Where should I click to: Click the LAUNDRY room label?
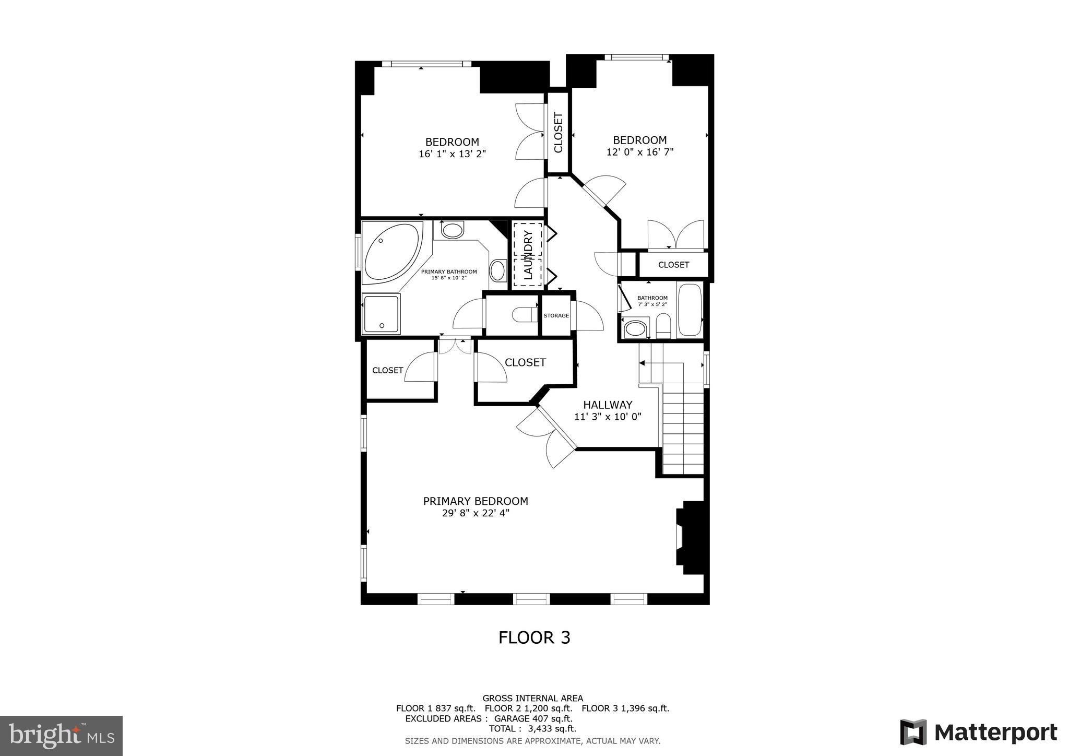(x=528, y=255)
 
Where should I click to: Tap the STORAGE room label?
(x=556, y=316)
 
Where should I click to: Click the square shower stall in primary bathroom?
(x=381, y=314)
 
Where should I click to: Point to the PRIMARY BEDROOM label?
(x=476, y=501)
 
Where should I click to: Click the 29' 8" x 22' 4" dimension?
(x=476, y=513)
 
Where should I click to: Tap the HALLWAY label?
(x=608, y=405)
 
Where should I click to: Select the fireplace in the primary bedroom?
(x=690, y=538)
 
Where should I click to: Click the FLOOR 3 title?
(x=534, y=637)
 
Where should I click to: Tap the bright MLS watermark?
(x=62, y=736)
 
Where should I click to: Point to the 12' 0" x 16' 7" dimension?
(x=640, y=152)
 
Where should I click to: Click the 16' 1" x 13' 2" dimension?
(x=452, y=154)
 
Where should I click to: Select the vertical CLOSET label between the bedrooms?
(x=558, y=133)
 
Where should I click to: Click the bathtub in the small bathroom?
(x=690, y=310)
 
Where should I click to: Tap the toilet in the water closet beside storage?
(x=521, y=315)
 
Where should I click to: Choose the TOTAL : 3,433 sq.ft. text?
(x=532, y=728)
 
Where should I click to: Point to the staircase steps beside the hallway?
(x=683, y=428)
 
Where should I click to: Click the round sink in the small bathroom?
(x=635, y=329)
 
